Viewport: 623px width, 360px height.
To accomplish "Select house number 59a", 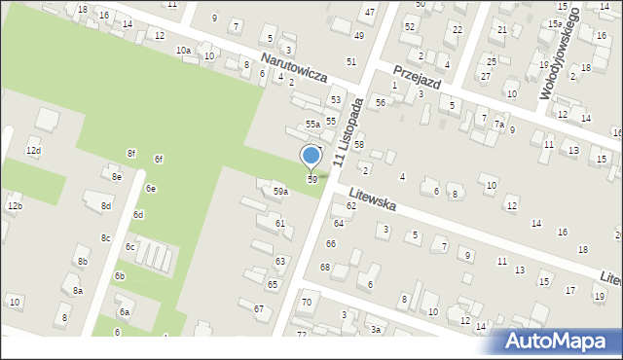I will coord(280,192).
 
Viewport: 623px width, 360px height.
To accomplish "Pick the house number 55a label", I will coord(312,125).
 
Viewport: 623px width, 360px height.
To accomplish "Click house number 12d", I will coord(33,152).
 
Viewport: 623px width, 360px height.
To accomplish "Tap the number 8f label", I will coord(130,154).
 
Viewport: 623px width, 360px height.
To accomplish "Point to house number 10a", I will coord(182,50).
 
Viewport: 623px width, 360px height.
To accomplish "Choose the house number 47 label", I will coord(369,12).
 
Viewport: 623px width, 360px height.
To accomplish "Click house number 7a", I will coord(498,125).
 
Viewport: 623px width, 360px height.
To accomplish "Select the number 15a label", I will coord(554,23).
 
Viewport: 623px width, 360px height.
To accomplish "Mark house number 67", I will coord(259,308).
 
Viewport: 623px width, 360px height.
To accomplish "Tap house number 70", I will coord(306,303).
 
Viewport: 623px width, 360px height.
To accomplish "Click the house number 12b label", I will coord(15,206).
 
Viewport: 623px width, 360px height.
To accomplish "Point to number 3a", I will coord(374,330).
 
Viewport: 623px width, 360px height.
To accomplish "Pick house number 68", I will coord(325,267).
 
